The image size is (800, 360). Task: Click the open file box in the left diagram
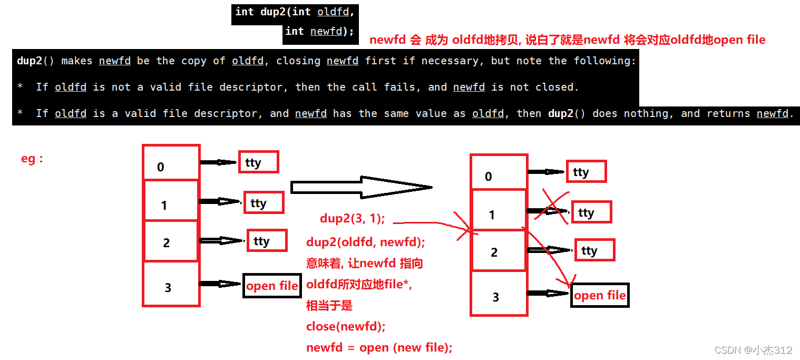point(272,286)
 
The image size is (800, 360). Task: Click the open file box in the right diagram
point(600,295)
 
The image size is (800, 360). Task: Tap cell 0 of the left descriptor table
point(171,163)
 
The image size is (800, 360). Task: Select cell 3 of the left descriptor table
point(171,285)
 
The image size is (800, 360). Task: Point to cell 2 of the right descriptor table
point(498,251)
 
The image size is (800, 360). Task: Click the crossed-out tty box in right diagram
point(591,212)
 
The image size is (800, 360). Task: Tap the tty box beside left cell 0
point(258,162)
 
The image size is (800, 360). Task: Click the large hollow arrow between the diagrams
point(361,187)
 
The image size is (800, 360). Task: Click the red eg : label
point(32,159)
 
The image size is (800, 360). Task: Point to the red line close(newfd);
point(346,327)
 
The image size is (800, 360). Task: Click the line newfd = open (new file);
point(379,348)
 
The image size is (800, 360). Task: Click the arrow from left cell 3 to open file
point(220,284)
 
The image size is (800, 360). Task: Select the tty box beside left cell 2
point(267,241)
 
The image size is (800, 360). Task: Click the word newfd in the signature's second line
point(326,31)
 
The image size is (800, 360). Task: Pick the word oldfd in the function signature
point(333,12)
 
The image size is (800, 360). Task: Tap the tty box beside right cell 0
point(586,172)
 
